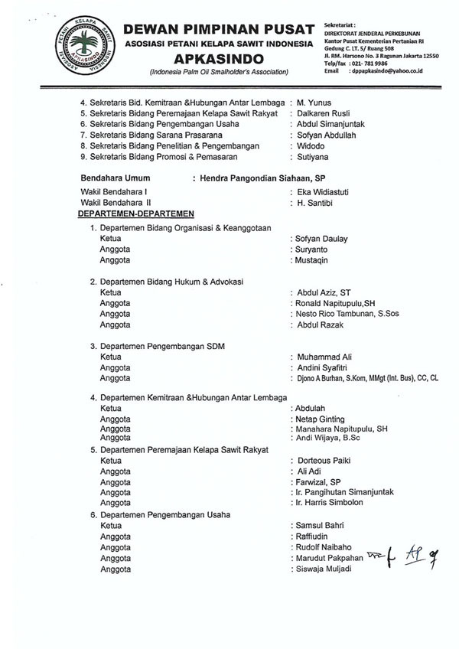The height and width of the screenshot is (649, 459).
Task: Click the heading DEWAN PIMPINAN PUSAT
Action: coord(219,29)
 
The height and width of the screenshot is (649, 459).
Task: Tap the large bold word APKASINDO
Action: coord(219,59)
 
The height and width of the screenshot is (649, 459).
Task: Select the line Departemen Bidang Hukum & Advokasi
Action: coord(167,282)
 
